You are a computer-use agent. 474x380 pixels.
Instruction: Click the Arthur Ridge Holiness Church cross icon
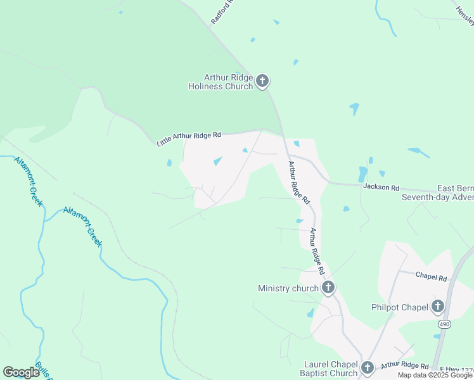tap(263, 82)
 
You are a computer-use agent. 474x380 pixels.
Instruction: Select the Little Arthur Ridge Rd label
tap(189, 139)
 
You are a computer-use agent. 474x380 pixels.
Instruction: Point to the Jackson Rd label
tap(381, 187)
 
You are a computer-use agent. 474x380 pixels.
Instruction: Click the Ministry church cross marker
tap(328, 288)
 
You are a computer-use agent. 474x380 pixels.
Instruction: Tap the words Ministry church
tap(288, 289)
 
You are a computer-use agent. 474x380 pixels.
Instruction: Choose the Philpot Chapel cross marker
tap(437, 308)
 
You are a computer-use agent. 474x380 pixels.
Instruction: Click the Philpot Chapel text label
tap(400, 308)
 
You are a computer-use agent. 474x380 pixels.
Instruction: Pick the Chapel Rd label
tap(432, 277)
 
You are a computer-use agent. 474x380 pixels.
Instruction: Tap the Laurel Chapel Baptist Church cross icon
tap(367, 368)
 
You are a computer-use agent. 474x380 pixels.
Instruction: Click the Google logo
tap(21, 372)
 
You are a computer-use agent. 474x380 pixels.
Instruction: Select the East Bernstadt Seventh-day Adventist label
tap(437, 193)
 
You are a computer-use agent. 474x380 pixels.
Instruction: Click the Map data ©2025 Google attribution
tap(435, 375)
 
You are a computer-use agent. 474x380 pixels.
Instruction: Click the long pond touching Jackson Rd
tap(362, 174)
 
